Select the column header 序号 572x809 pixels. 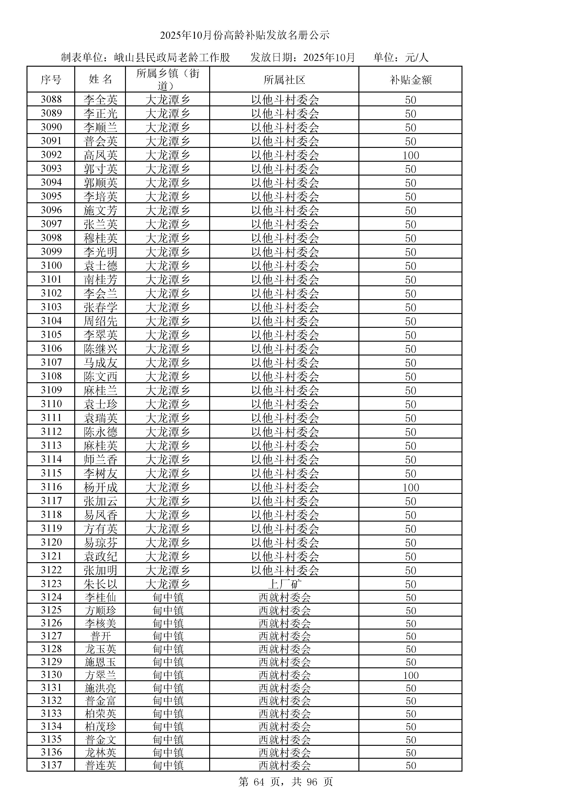(x=51, y=80)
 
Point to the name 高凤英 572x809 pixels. (x=100, y=155)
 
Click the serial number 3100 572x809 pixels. (x=51, y=265)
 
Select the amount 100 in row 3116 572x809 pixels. (x=411, y=487)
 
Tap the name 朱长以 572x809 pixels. (x=100, y=584)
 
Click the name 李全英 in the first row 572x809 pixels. (x=100, y=100)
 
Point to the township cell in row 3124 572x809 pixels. (x=168, y=598)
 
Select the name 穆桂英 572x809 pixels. (x=100, y=238)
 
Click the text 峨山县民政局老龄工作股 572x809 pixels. (x=172, y=57)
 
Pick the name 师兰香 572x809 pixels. (x=100, y=460)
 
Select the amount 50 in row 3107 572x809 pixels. (x=411, y=363)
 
